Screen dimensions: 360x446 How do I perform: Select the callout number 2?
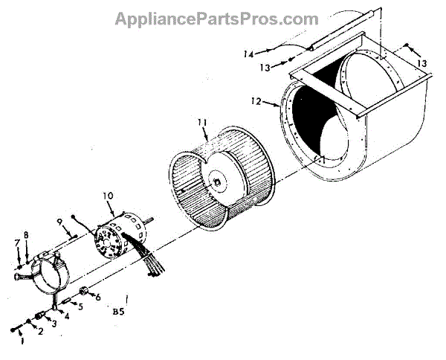[41, 332]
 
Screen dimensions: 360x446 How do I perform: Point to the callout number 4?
[67, 315]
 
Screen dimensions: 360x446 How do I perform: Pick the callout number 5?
[81, 306]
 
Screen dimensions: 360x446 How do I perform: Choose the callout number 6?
[97, 297]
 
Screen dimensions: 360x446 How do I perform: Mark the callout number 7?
[16, 243]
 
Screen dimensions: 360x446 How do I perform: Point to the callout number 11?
[201, 121]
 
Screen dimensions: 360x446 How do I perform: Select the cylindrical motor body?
[123, 237]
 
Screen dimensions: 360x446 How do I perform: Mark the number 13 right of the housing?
[422, 64]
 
